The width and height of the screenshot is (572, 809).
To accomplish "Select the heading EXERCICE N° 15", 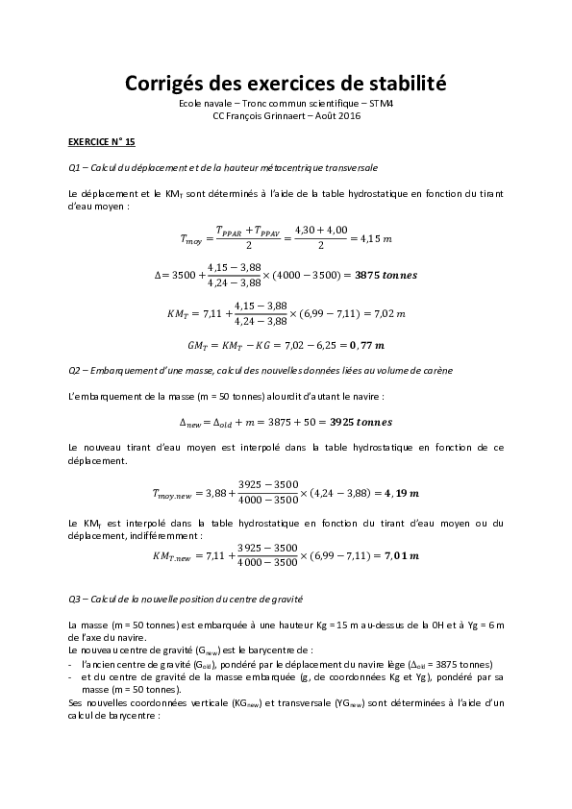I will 102,140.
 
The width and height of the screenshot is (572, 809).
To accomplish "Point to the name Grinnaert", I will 281,115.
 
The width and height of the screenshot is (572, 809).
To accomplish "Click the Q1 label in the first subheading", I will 77,168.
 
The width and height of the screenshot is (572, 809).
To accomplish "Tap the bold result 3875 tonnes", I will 386,274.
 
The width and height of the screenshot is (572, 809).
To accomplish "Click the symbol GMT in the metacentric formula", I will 198,344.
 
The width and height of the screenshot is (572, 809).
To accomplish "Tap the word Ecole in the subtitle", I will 194,103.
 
